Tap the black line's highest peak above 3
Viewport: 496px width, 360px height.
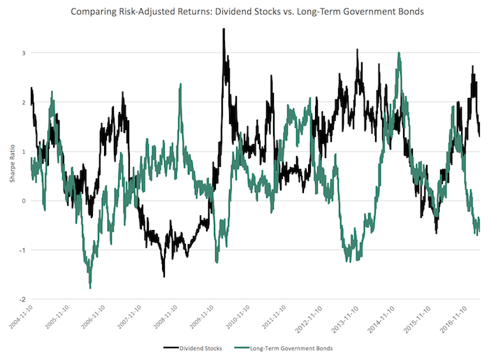(224, 29)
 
